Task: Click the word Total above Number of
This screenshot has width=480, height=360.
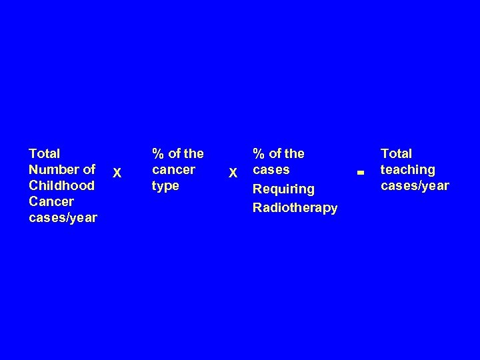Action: tap(45, 153)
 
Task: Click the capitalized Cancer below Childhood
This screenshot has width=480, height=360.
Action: tap(51, 201)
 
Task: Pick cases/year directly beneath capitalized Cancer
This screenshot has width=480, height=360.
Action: tap(63, 217)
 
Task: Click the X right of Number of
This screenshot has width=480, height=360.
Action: tap(117, 173)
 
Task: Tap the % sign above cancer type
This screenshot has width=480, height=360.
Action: tap(158, 153)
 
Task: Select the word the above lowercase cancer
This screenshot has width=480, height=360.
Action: tap(193, 153)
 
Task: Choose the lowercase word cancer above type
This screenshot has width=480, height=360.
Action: tap(174, 169)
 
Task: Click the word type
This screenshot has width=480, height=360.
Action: tap(166, 185)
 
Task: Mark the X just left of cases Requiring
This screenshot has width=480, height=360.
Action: tap(233, 173)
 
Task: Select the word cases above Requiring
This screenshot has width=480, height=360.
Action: tap(271, 169)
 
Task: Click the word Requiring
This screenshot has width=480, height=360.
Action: tap(283, 189)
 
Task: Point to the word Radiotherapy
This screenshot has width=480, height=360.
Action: tap(295, 207)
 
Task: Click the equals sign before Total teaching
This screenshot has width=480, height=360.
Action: tap(359, 173)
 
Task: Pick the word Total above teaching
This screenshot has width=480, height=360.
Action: tap(396, 153)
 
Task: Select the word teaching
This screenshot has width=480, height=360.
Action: tap(407, 169)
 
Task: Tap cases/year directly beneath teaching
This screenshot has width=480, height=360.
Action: tap(415, 185)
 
